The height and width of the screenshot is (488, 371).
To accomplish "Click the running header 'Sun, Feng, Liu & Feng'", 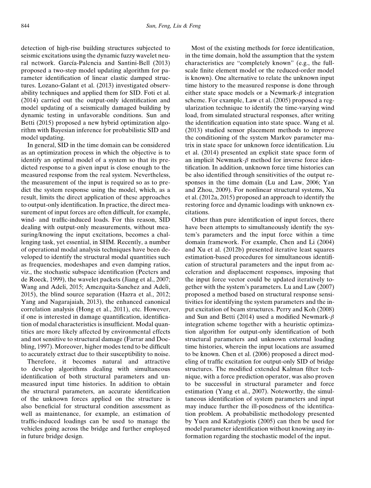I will (173, 26).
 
